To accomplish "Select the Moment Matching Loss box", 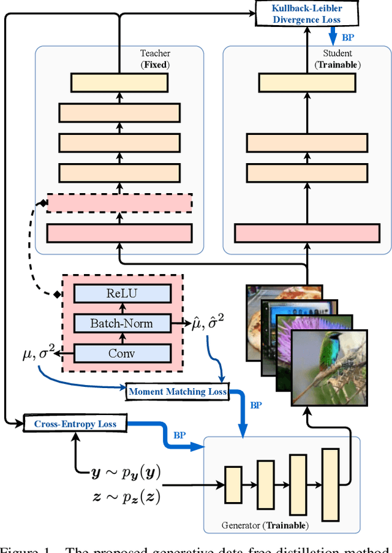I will (177, 391).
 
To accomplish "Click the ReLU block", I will (122, 294).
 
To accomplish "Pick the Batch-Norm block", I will (122, 322).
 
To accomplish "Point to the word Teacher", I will (156, 54).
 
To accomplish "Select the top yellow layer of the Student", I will (306, 82).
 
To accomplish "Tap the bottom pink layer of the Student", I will (306, 234).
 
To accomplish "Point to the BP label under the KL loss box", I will (347, 37).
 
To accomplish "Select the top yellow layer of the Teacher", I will (119, 82).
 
